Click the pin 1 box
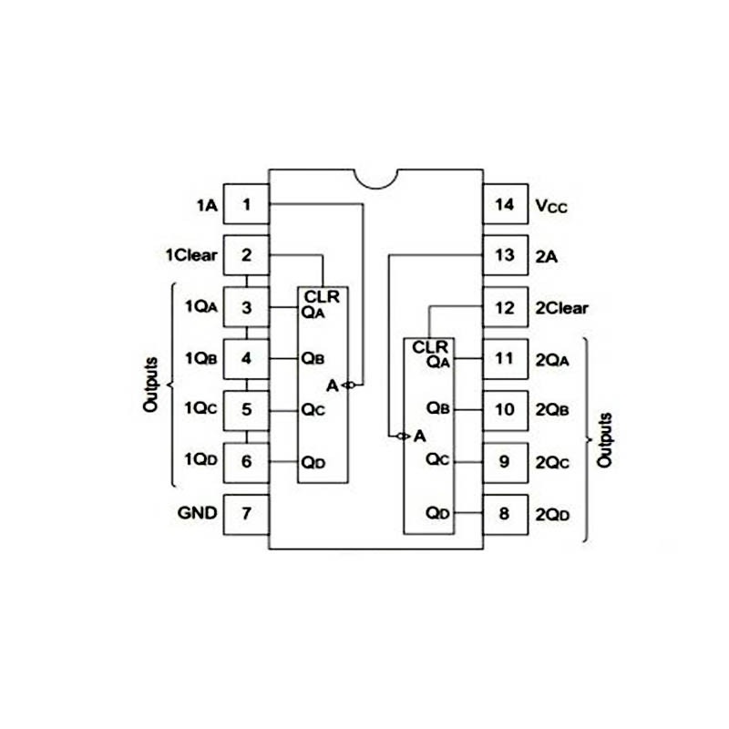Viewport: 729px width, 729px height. (x=246, y=204)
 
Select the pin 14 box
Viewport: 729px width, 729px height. (x=505, y=205)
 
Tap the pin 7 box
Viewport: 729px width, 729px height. (x=246, y=512)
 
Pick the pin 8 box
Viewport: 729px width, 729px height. (x=505, y=514)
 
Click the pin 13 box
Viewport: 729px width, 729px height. (x=505, y=256)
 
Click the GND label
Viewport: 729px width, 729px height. (x=197, y=512)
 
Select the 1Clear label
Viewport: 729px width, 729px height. (x=191, y=255)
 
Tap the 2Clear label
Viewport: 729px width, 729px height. (x=562, y=308)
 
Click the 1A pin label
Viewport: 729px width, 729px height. (x=206, y=205)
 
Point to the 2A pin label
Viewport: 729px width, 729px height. (x=547, y=257)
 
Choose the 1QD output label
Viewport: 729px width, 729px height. (x=200, y=460)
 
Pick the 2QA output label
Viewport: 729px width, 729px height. (x=553, y=360)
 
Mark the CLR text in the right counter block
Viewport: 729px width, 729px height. (x=430, y=346)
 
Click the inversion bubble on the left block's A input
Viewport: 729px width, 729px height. (x=348, y=385)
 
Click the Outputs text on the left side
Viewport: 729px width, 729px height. (x=151, y=384)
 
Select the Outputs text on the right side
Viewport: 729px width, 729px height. (x=604, y=440)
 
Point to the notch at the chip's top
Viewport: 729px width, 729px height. (x=375, y=177)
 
